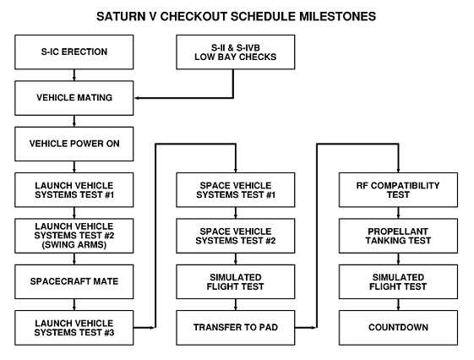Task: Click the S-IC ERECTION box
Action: (x=74, y=52)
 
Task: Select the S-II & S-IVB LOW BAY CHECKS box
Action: (x=236, y=52)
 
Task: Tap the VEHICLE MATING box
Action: (x=74, y=98)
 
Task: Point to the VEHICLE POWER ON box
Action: (x=74, y=144)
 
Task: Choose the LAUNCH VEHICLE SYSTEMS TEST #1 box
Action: (x=74, y=190)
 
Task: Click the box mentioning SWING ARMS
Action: (x=74, y=236)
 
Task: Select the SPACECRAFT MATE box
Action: (x=74, y=281)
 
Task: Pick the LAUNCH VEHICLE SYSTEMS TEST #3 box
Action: (x=74, y=328)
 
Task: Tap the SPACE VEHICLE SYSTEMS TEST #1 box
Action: (x=236, y=190)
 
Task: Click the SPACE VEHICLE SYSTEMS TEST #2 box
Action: (x=236, y=236)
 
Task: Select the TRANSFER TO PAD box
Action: (x=236, y=328)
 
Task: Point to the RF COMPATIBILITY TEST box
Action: (x=398, y=190)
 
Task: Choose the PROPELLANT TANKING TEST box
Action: (x=398, y=236)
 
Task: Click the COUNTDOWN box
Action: (x=398, y=328)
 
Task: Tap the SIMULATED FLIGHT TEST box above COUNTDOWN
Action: (x=398, y=281)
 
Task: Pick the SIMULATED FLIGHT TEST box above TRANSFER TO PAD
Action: (x=236, y=281)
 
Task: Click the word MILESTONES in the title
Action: (x=337, y=16)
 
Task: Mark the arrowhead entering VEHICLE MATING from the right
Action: (x=137, y=98)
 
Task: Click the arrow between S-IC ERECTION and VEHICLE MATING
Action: (x=74, y=75)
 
